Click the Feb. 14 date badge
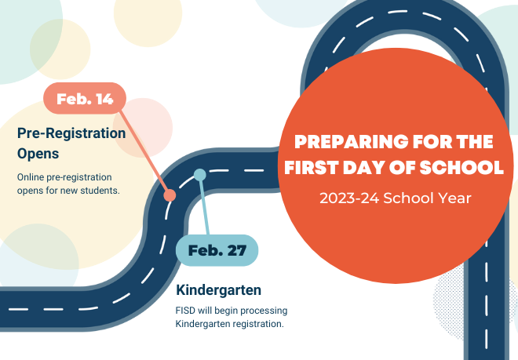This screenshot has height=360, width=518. click(x=85, y=99)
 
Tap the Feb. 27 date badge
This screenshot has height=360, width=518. click(x=217, y=250)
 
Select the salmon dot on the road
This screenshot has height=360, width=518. click(x=170, y=195)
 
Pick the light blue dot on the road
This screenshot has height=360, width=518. click(x=200, y=174)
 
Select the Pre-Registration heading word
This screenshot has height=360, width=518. click(x=71, y=133)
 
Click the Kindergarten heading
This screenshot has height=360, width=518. click(x=218, y=289)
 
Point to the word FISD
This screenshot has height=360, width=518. click(x=187, y=311)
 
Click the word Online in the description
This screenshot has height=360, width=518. click(x=32, y=176)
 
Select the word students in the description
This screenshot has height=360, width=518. click(x=98, y=190)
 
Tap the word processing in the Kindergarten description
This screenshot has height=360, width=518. click(x=261, y=311)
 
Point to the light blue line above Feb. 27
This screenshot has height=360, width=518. click(x=205, y=205)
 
